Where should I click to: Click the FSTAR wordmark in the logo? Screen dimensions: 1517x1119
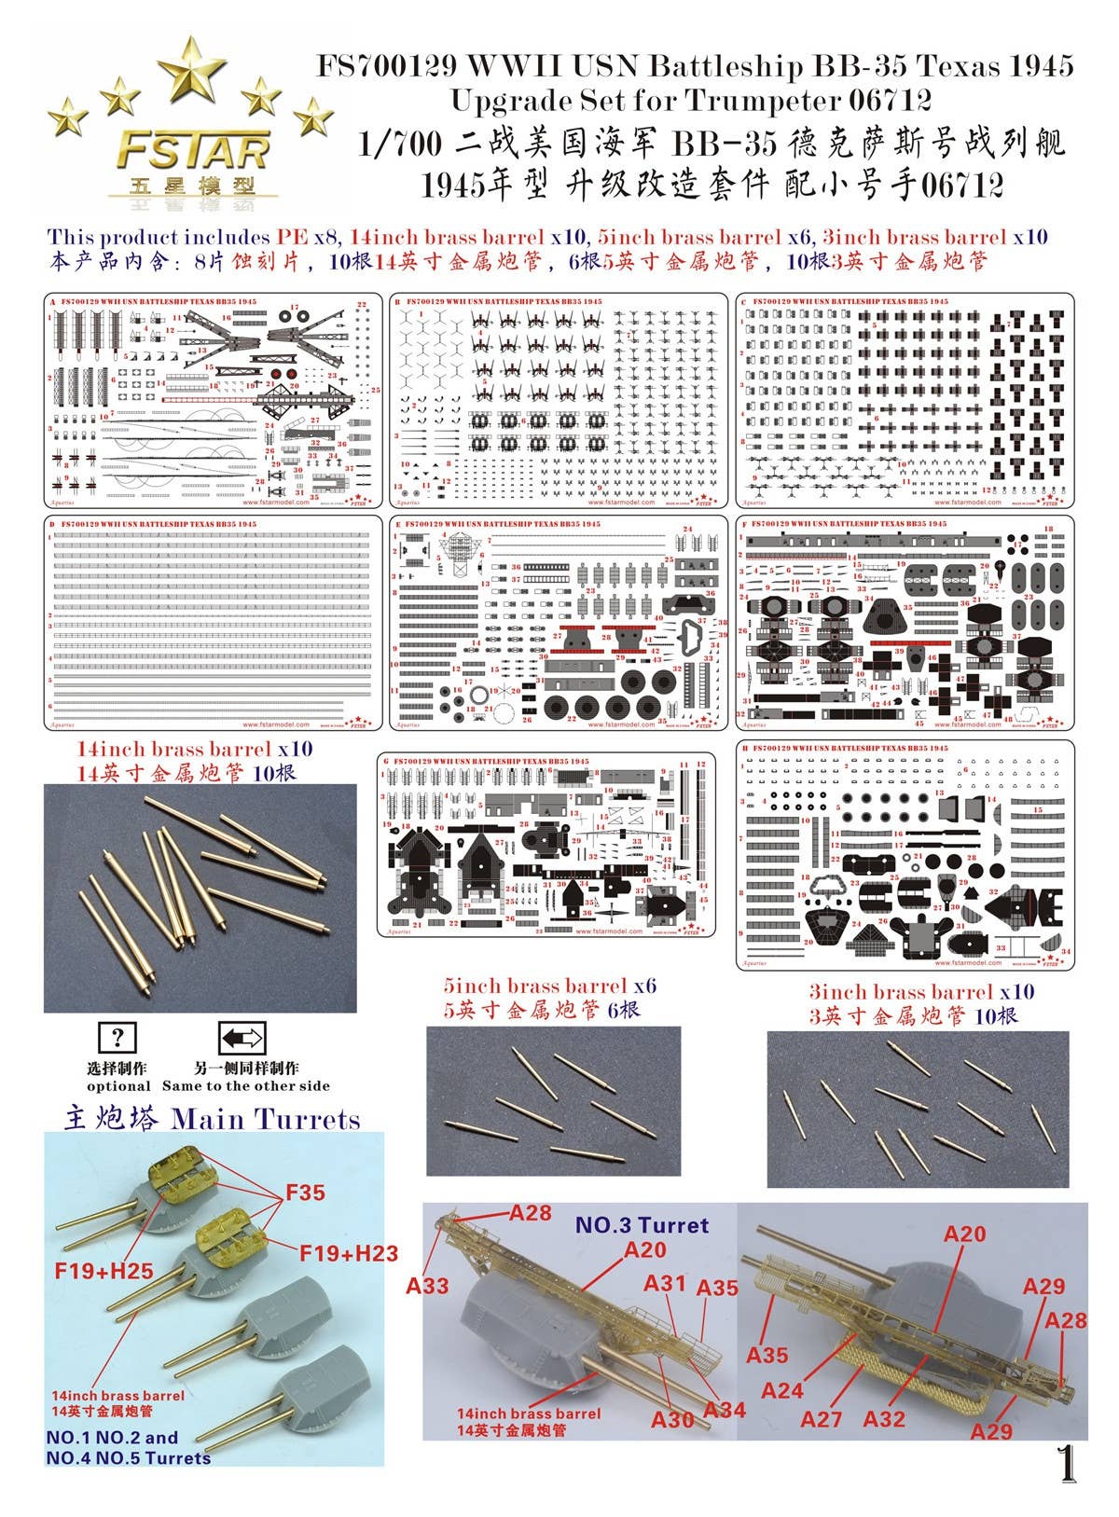point(194,148)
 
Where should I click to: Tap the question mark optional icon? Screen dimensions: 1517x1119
point(117,1038)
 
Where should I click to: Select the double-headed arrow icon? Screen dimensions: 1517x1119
point(242,1038)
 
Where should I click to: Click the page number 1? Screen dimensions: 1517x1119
point(1067,1464)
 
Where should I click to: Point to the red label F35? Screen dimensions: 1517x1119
point(305,1193)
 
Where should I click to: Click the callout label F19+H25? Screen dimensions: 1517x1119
point(104,1270)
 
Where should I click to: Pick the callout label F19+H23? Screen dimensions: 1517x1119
point(349,1254)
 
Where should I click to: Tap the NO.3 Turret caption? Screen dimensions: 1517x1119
point(642,1225)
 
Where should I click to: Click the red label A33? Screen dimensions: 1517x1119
point(428,1286)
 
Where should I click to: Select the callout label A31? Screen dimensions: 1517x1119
point(664,1283)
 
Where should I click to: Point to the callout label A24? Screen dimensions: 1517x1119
point(781,1390)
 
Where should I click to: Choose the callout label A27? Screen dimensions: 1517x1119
point(821,1419)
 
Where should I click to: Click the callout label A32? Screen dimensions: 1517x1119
point(884,1419)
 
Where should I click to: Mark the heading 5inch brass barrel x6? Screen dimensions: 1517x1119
point(551,986)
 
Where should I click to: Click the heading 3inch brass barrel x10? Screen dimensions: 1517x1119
point(921,992)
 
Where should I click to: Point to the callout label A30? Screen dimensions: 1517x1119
point(672,1419)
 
